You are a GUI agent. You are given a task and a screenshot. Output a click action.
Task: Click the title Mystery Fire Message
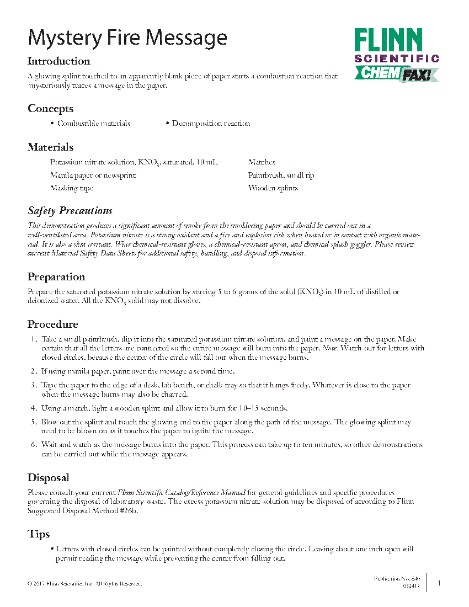click(127, 38)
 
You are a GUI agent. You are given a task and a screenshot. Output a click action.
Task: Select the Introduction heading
click(59, 61)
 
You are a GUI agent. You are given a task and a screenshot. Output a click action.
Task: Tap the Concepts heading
click(50, 109)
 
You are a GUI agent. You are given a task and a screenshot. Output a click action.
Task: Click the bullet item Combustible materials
click(94, 124)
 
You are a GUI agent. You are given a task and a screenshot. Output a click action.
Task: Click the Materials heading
click(50, 147)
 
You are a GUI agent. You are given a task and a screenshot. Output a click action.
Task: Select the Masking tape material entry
click(72, 188)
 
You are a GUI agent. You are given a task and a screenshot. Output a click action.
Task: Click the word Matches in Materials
click(262, 162)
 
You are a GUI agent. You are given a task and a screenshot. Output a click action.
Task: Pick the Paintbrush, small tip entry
click(281, 175)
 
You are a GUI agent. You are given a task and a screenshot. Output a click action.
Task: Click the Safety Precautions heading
click(70, 211)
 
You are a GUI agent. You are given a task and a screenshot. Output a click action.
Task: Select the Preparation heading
click(56, 277)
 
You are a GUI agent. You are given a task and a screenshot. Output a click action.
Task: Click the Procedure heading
click(53, 324)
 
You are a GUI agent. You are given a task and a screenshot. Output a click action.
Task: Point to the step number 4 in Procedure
click(33, 408)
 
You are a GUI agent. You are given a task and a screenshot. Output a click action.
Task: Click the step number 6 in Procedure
click(33, 444)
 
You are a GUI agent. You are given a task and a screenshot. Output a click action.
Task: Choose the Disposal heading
click(49, 478)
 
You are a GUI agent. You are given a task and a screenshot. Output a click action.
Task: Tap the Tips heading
click(39, 534)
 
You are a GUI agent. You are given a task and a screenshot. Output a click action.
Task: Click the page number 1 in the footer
click(439, 583)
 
